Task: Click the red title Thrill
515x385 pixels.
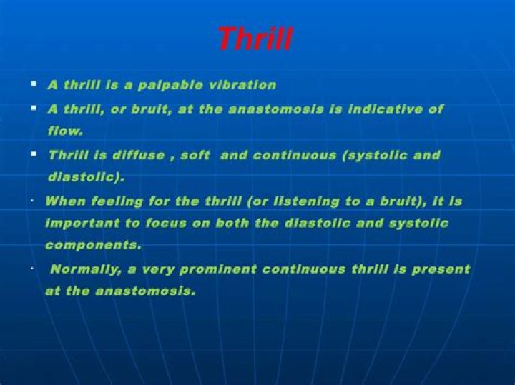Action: point(255,39)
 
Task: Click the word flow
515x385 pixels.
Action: point(64,131)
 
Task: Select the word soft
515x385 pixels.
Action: point(195,155)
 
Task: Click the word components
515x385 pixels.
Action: point(93,245)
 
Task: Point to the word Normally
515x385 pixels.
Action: point(82,269)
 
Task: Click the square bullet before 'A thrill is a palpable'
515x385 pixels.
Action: point(34,84)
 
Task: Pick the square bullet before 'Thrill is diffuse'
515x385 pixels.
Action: point(34,154)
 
